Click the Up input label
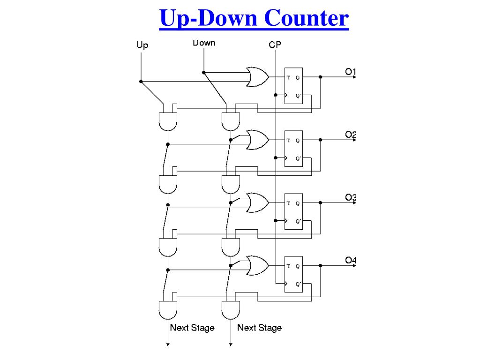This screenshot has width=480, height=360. [x=142, y=45]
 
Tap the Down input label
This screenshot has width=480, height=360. [x=204, y=43]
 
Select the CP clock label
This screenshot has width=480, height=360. [x=275, y=45]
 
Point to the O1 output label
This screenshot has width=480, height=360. [x=351, y=72]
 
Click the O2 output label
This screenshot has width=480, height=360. [x=351, y=135]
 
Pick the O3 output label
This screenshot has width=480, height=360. [x=351, y=197]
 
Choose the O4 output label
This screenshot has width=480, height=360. [x=351, y=260]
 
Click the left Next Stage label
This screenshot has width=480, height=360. [x=192, y=328]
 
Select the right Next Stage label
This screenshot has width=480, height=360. [x=259, y=328]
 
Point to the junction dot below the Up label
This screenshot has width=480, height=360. [x=141, y=82]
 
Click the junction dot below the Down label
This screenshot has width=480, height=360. [x=204, y=72]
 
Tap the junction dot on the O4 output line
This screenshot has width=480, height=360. [x=321, y=265]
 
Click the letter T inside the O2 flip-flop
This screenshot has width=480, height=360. [x=288, y=140]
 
